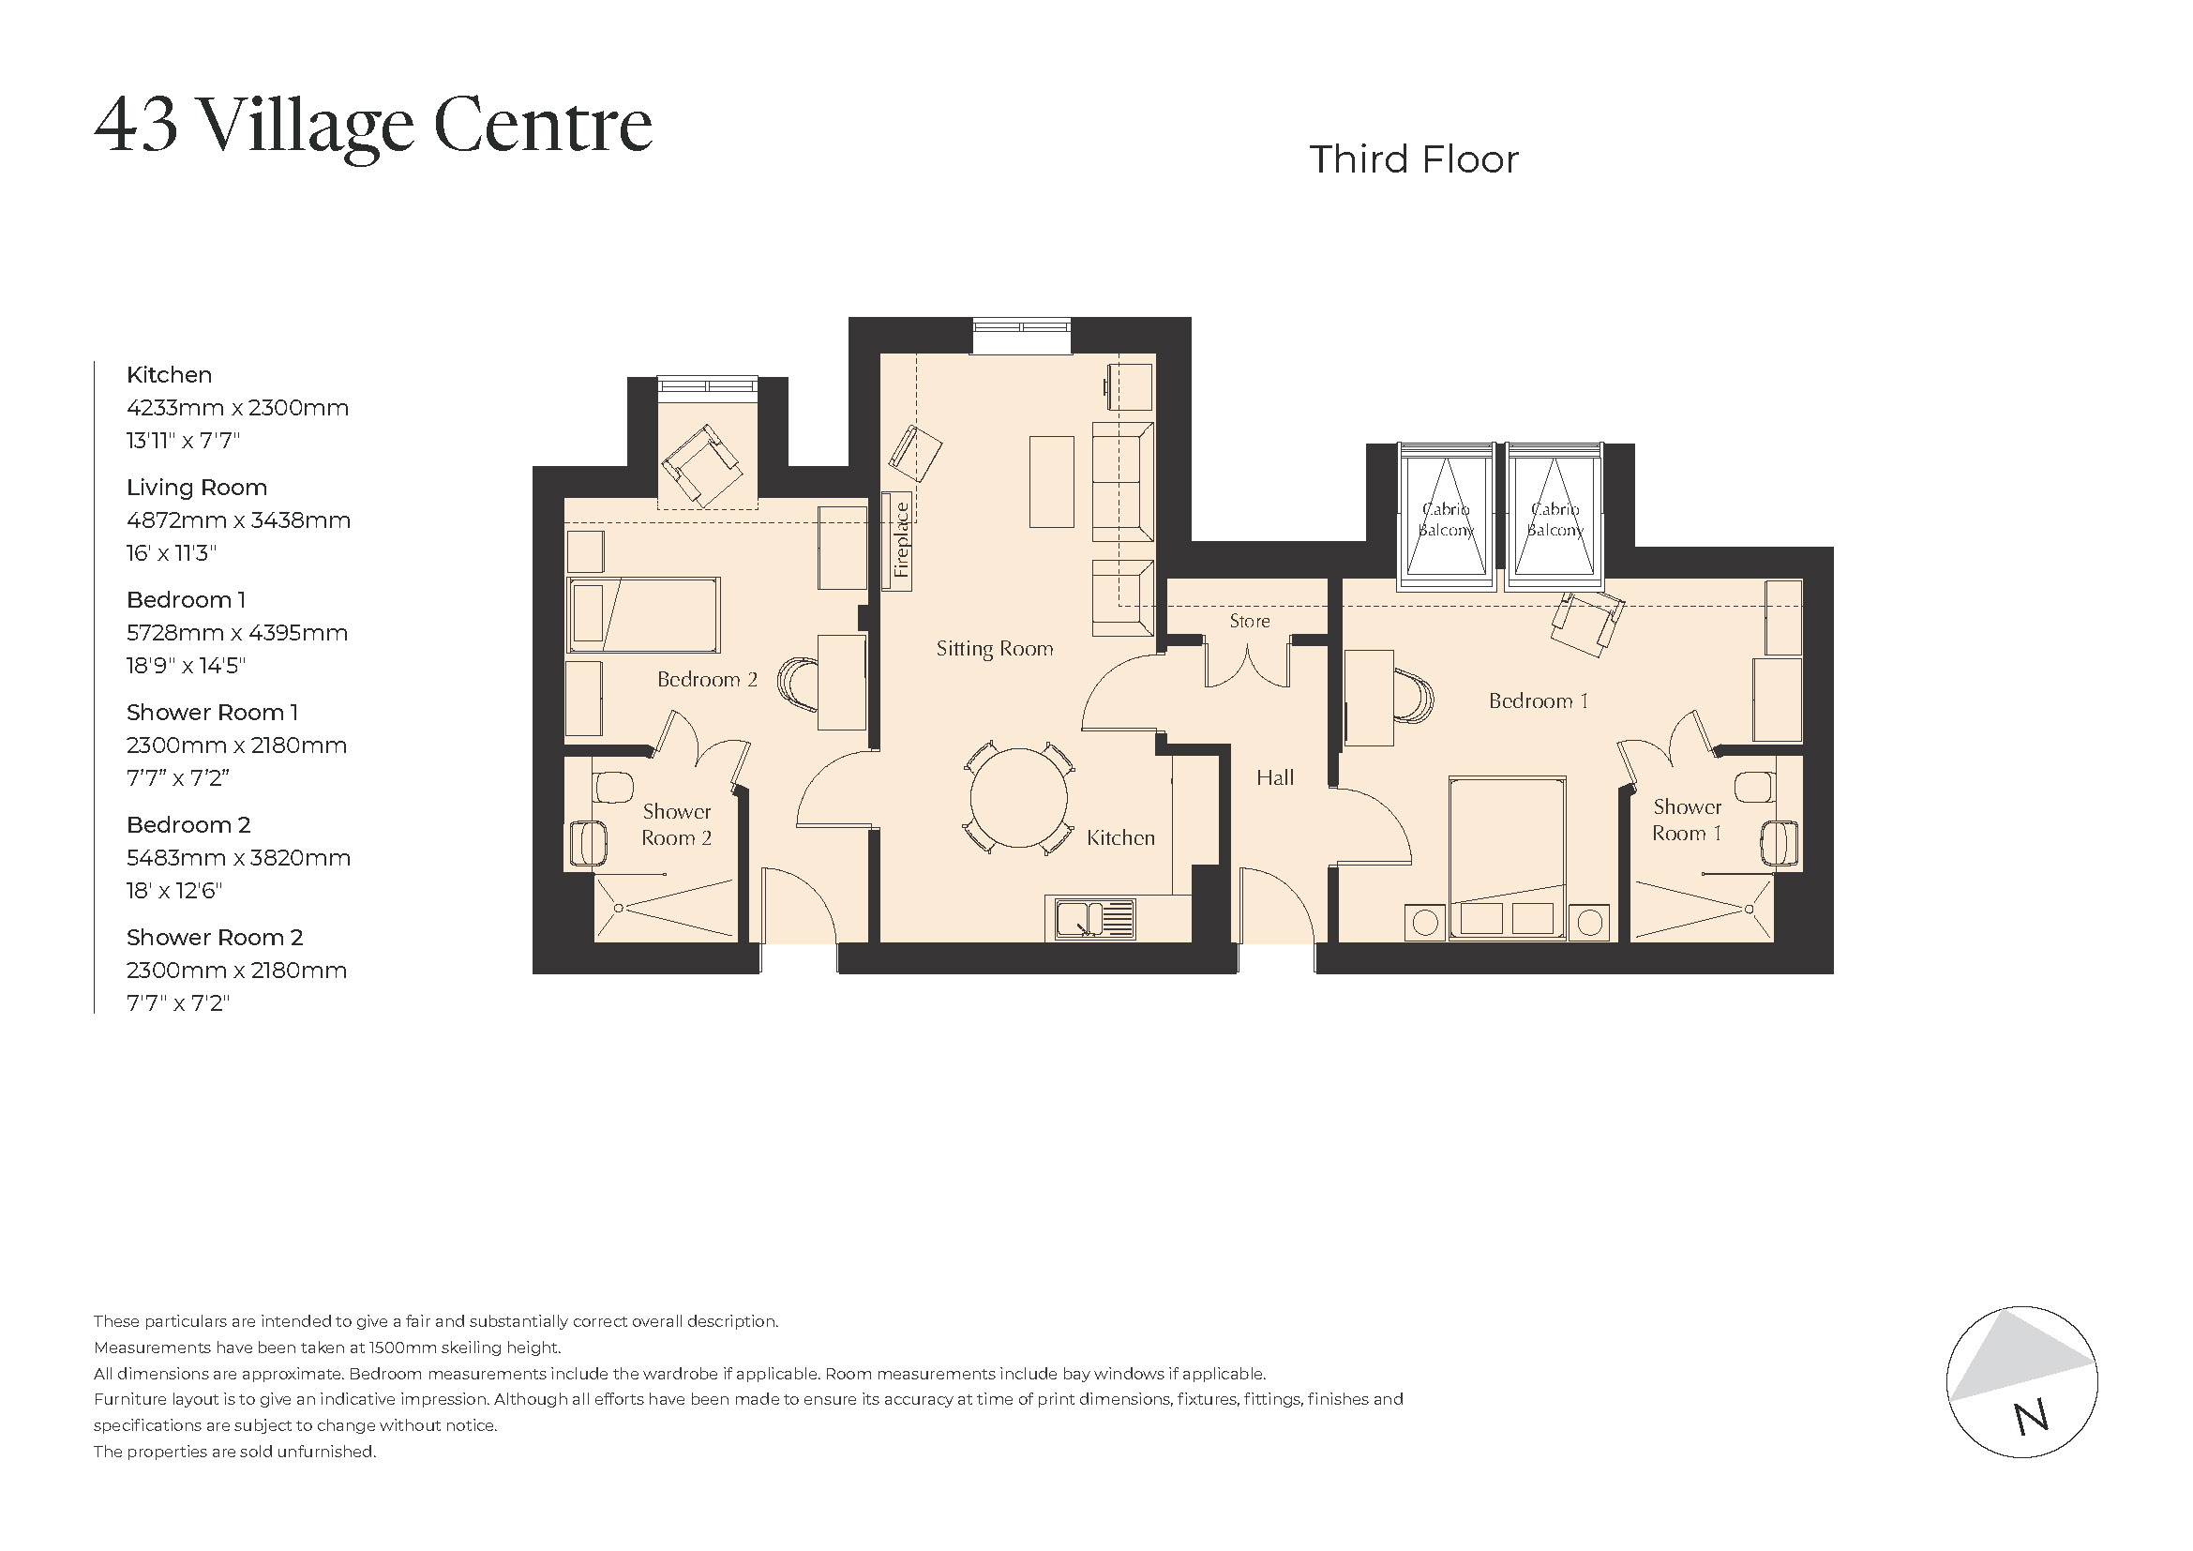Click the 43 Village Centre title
point(372,125)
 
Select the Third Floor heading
point(1413,159)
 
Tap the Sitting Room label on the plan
point(994,650)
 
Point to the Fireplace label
point(901,540)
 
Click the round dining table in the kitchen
point(1019,799)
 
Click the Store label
point(1248,622)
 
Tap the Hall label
point(1274,778)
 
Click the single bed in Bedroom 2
point(643,614)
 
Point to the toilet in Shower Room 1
point(1754,786)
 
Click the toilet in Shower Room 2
point(612,788)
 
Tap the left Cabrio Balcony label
point(1445,520)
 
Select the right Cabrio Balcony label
point(1554,520)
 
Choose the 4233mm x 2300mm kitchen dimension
point(237,409)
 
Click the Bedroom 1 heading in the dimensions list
point(187,600)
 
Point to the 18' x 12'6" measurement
point(173,891)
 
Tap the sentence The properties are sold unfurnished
point(234,1452)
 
